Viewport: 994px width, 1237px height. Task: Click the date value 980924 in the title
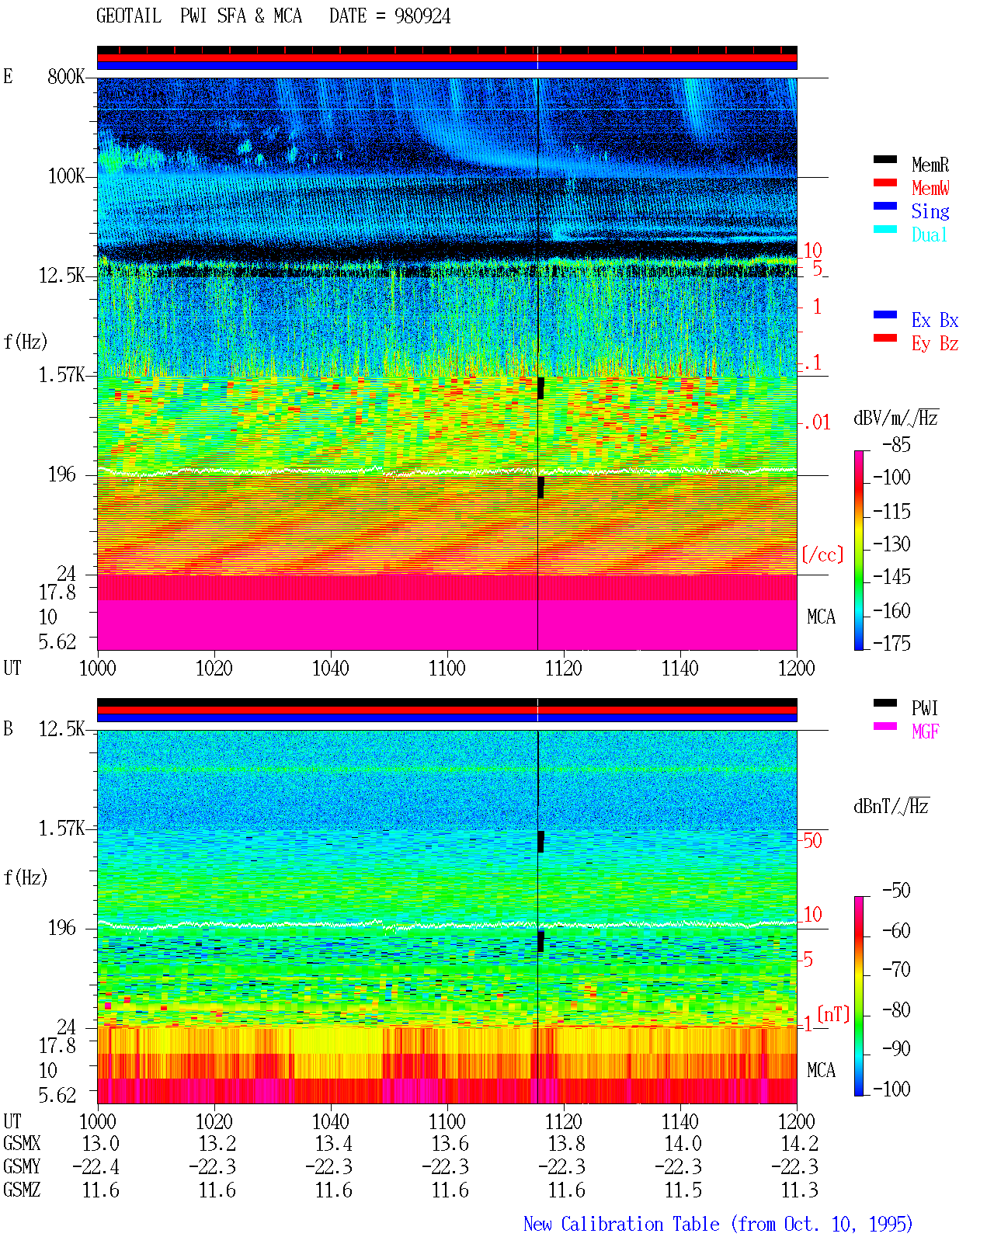click(x=422, y=16)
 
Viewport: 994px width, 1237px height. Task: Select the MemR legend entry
click(x=930, y=165)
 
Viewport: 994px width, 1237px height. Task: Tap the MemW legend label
click(x=930, y=188)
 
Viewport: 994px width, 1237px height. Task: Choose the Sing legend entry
click(x=930, y=211)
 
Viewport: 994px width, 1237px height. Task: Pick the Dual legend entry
click(x=929, y=235)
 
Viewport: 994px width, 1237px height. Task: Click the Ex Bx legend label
click(x=935, y=320)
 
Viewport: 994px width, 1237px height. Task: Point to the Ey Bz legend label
click(x=935, y=344)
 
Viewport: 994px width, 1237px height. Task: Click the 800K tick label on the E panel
click(x=66, y=76)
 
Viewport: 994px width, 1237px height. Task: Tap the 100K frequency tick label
click(x=66, y=176)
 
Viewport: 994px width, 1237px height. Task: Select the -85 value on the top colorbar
click(x=896, y=445)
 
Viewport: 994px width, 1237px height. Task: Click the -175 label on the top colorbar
click(x=891, y=643)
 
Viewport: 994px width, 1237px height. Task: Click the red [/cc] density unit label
click(x=822, y=554)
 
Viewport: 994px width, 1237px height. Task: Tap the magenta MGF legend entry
click(x=925, y=731)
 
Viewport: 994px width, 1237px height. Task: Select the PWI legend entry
click(x=924, y=708)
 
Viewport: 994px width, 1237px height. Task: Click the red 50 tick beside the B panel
click(x=812, y=841)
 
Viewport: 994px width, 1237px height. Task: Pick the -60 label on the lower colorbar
click(x=896, y=930)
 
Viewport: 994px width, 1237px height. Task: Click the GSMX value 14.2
click(x=799, y=1143)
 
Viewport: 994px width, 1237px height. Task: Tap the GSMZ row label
click(x=22, y=1190)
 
